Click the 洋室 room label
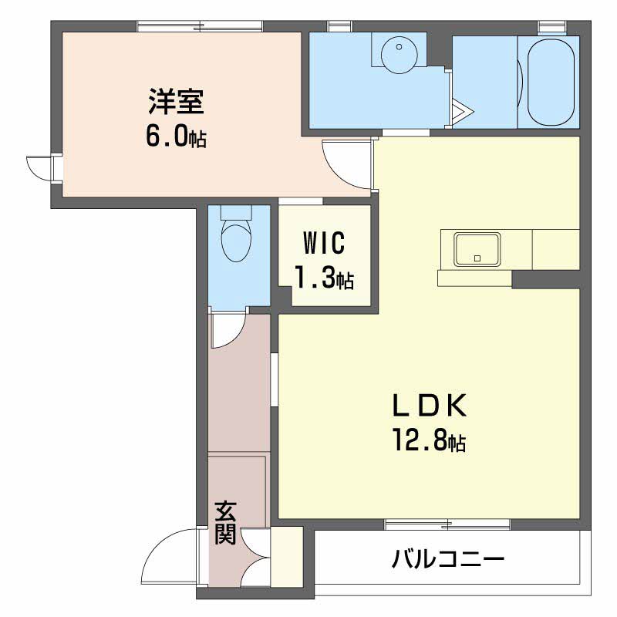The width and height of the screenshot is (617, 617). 176,102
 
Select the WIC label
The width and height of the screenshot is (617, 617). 324,243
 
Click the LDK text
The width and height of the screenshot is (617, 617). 430,406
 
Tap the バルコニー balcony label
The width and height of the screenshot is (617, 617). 448,558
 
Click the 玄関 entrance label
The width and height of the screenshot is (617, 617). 225,522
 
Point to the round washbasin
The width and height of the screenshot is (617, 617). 400,54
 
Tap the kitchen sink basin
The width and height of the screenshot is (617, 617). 477,249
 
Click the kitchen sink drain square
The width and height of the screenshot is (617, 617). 477,258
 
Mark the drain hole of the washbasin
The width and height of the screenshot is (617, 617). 399,47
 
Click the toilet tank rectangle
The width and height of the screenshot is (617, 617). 236,213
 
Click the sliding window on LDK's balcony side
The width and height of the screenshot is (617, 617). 447,524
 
